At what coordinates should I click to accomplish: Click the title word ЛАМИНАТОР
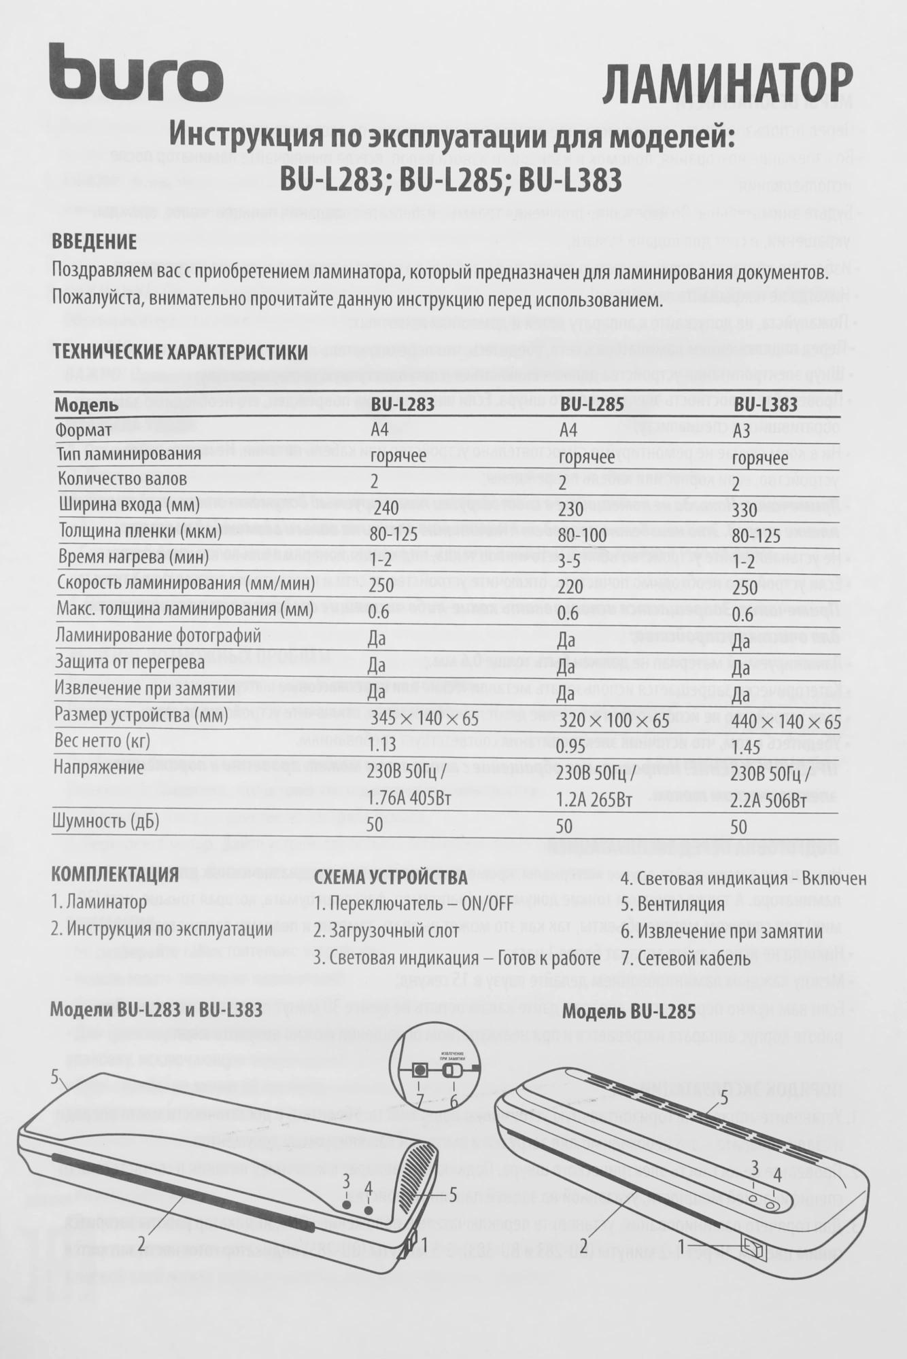point(727,84)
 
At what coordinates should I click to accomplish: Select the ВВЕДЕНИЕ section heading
point(95,241)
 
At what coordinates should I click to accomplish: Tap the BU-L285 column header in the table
point(592,405)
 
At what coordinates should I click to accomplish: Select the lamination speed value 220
point(571,586)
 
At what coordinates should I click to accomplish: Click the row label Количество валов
point(122,479)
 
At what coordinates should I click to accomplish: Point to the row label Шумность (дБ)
point(106,822)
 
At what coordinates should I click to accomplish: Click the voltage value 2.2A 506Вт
point(772,800)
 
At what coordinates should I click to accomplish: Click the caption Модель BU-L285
point(629,1012)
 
